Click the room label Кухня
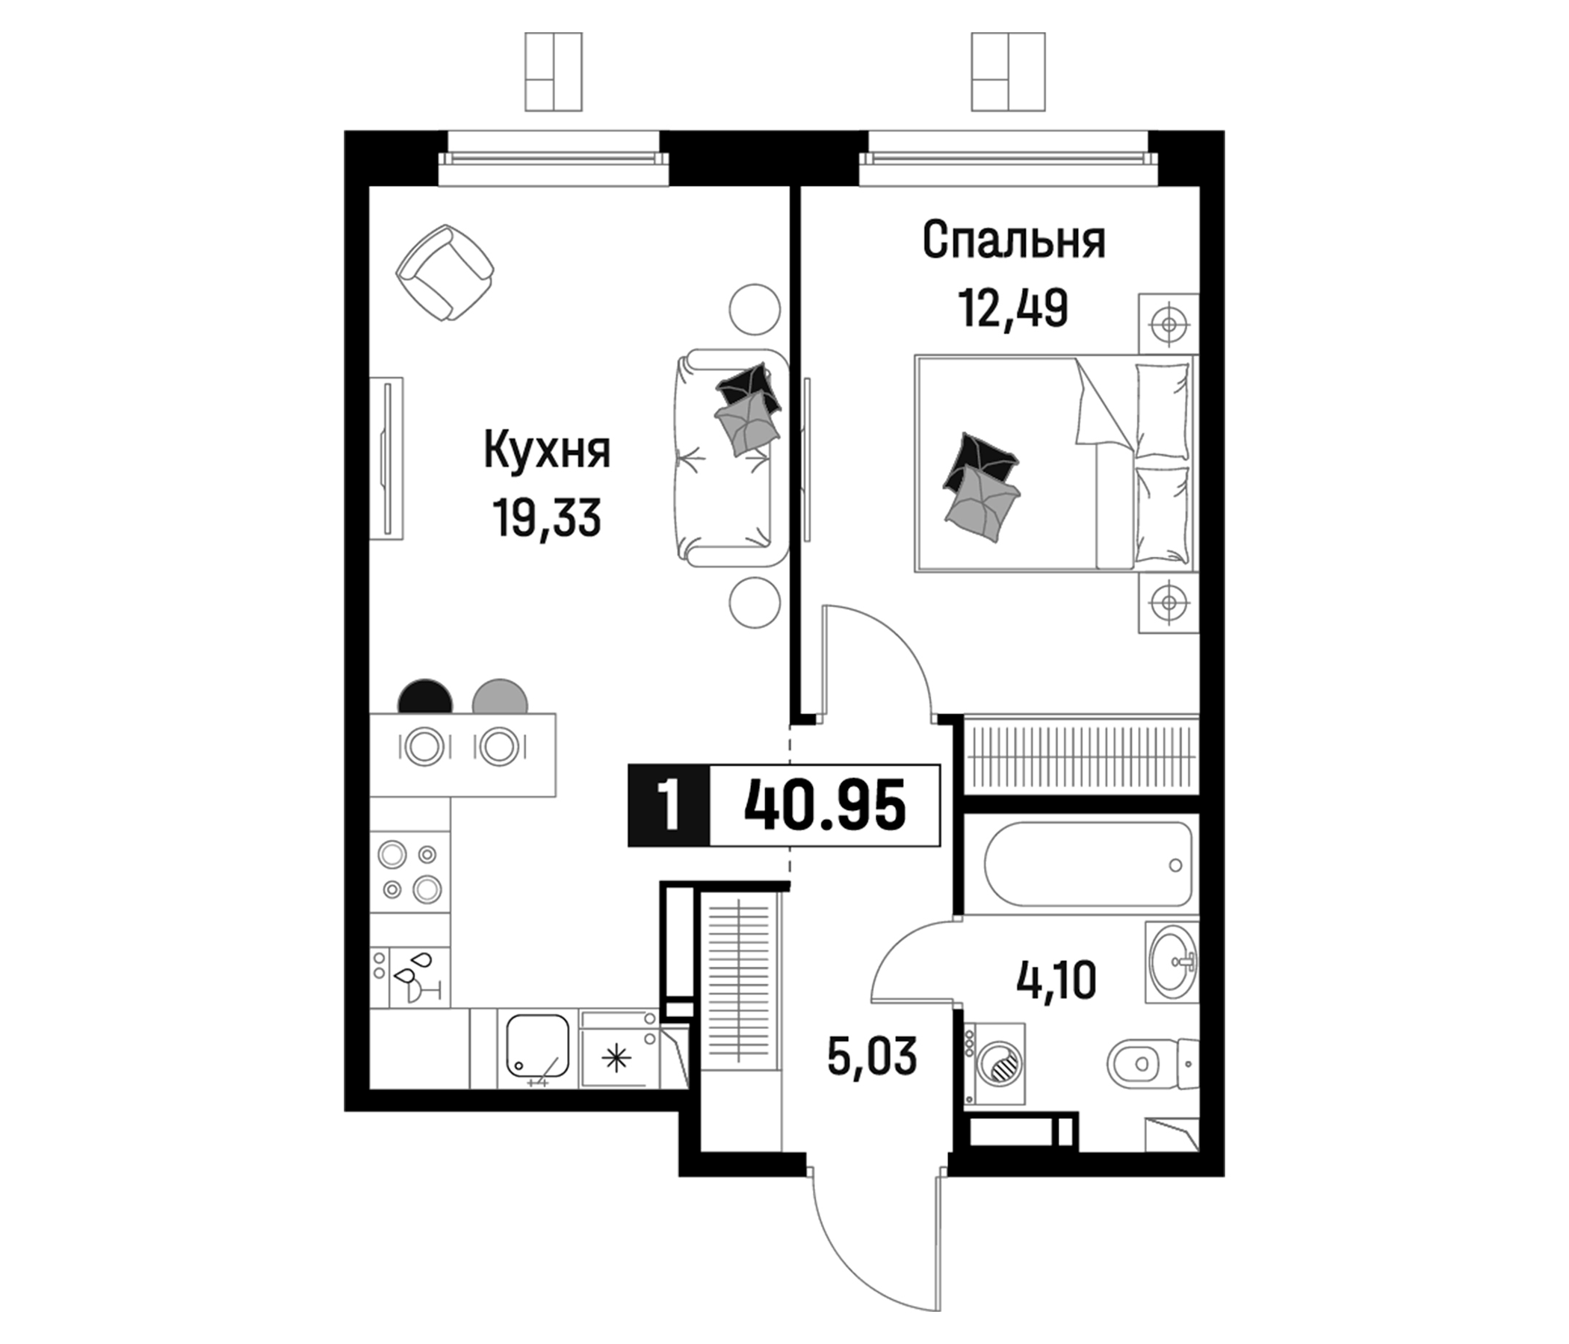[547, 452]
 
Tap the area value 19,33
[547, 518]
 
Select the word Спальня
[1014, 240]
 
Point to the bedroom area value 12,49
[1014, 308]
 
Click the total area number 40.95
[825, 805]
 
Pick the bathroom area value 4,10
[1056, 983]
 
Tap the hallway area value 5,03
[873, 1057]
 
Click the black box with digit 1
[668, 805]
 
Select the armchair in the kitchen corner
[445, 273]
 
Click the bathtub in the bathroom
[1088, 864]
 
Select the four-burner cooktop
[409, 872]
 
